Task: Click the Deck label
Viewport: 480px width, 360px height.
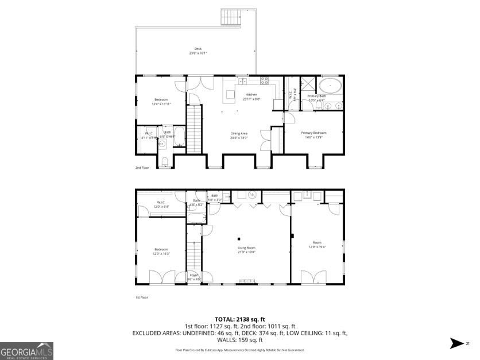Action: tap(198, 49)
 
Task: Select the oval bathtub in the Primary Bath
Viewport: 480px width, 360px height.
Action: tap(330, 86)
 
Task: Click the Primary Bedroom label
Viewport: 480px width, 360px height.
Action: tap(313, 133)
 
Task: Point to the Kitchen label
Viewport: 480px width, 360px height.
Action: tap(251, 95)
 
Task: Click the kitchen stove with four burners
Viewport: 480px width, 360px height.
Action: tap(265, 80)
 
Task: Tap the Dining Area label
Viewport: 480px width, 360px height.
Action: tap(239, 133)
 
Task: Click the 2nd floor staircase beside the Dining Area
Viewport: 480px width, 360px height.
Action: tap(195, 129)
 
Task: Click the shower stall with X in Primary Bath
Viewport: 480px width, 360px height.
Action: tap(309, 83)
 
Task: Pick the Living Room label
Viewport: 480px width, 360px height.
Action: tap(246, 248)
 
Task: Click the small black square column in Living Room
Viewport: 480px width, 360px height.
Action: tap(239, 239)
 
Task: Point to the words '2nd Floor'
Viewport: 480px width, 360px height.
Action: tap(142, 168)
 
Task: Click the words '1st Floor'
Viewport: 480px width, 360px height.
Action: tap(142, 297)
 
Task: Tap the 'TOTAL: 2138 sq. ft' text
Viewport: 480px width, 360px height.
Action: tap(239, 319)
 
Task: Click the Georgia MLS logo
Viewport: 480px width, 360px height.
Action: tap(27, 350)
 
